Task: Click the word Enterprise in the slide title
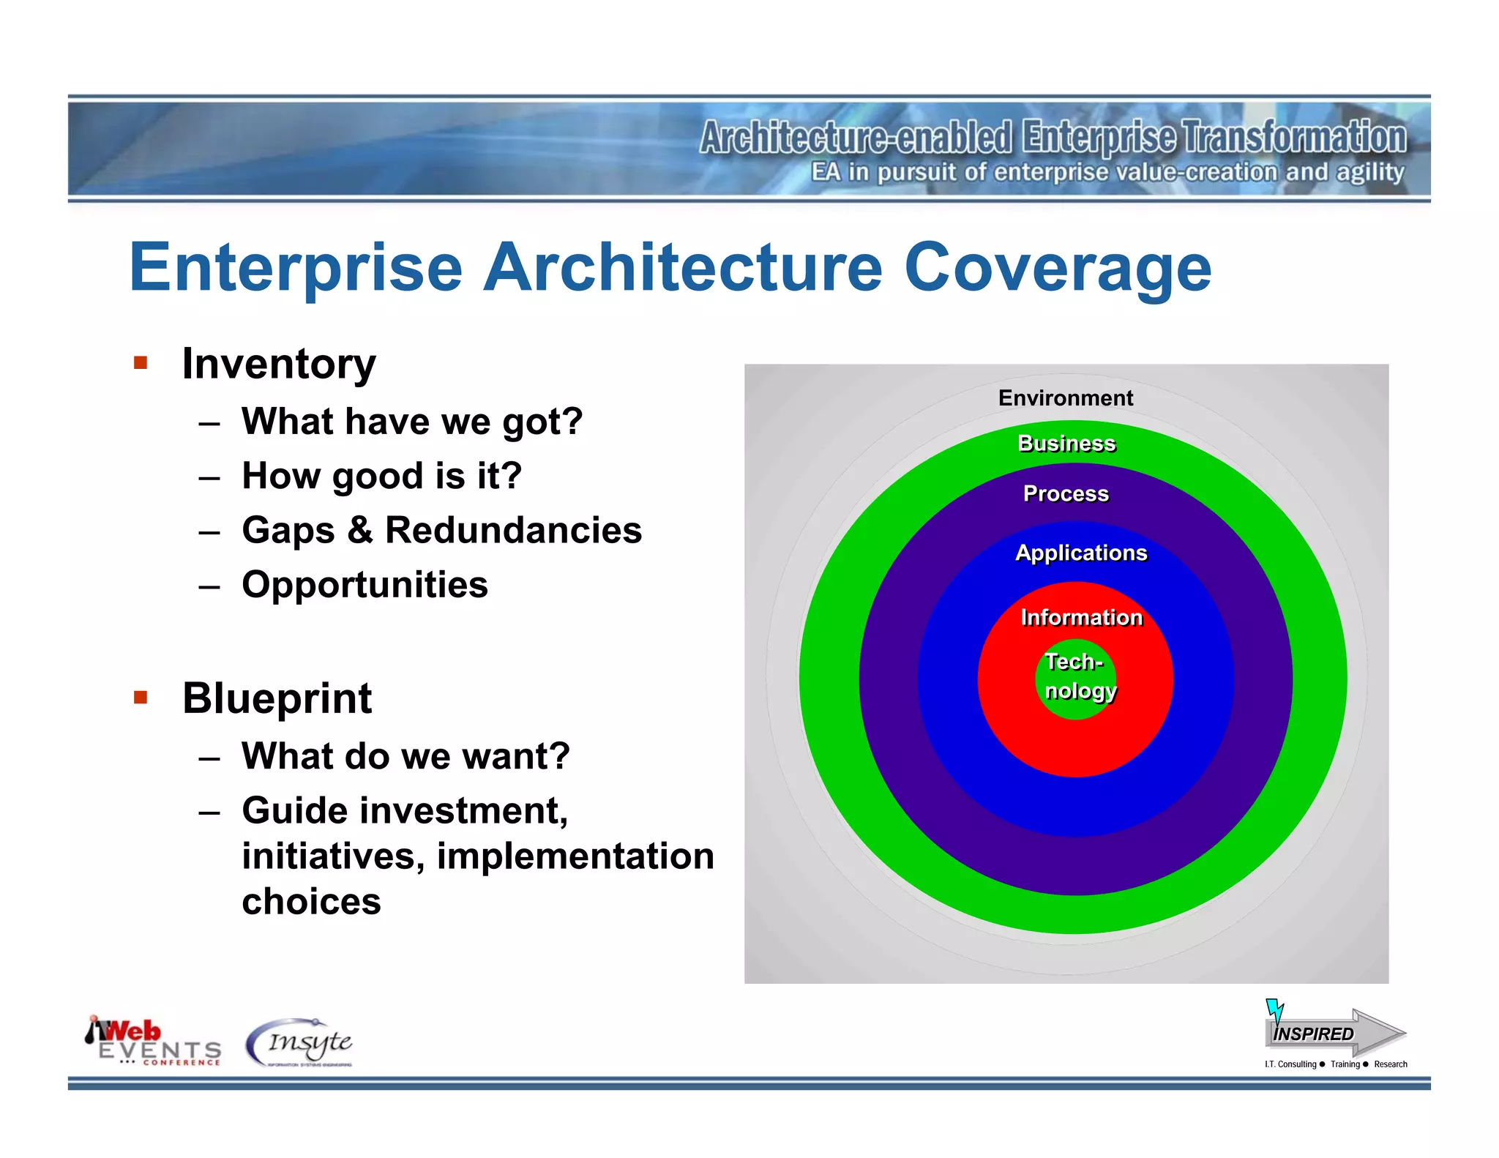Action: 296,268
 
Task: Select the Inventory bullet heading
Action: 278,364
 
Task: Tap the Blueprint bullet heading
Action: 277,698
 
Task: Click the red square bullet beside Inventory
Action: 141,363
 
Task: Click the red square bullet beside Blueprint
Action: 141,697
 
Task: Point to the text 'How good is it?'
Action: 381,476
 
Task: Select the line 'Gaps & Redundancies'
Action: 441,530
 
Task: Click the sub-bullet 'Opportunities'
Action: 365,585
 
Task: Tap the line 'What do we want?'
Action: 405,756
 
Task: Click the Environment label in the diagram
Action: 1065,398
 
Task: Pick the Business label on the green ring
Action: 1066,444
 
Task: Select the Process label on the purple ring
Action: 1066,494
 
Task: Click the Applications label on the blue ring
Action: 1081,553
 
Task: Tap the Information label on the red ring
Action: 1081,618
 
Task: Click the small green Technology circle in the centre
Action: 1075,678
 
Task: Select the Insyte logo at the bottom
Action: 300,1042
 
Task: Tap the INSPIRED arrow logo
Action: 1334,1032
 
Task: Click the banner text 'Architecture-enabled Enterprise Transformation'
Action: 1053,138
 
